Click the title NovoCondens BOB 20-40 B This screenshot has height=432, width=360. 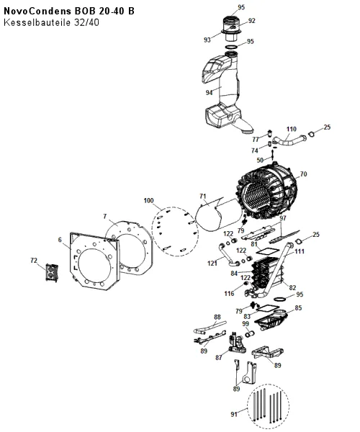coord(69,11)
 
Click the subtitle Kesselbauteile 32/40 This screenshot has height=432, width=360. coord(51,22)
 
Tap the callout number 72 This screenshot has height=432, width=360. coord(34,261)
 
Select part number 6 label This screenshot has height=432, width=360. coord(60,240)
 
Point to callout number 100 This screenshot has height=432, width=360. coord(149,201)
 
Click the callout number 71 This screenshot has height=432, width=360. coord(203,197)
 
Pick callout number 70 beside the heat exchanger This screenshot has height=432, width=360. coord(303,174)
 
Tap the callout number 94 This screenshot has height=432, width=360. coord(210,93)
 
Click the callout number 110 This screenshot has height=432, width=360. coord(292,129)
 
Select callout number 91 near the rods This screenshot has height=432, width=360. coord(234,414)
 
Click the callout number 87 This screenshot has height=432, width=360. coord(219,358)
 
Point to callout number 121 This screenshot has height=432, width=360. coord(212,264)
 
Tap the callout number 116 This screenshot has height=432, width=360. coord(229,294)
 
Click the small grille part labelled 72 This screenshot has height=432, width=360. coord(52,273)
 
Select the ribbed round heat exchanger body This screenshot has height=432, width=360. coord(267,193)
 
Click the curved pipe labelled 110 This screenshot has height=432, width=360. coord(289,141)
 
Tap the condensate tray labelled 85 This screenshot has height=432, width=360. coord(271,320)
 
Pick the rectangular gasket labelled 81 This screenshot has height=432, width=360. coord(265,251)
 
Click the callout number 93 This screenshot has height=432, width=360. coord(207,40)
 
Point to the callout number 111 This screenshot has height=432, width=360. coord(300,251)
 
